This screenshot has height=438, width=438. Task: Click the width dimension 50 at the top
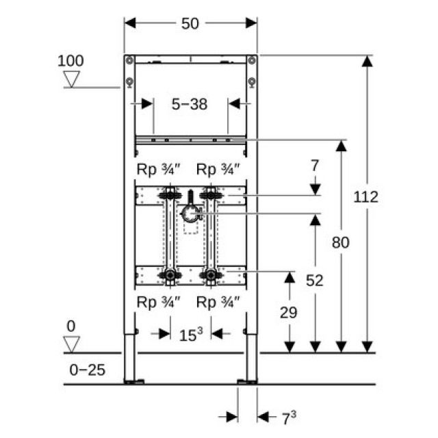(x=190, y=24)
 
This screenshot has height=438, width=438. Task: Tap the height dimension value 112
(x=366, y=197)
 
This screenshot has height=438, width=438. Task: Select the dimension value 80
(x=340, y=242)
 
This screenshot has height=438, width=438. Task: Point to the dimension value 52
(x=315, y=280)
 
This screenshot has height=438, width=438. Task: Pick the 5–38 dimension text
(x=190, y=104)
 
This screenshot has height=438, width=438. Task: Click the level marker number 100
(x=70, y=60)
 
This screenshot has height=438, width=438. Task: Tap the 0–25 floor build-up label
(x=88, y=370)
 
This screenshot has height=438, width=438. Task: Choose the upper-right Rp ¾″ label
(x=218, y=168)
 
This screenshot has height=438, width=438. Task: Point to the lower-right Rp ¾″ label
(x=218, y=302)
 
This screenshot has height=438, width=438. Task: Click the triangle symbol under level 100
(x=70, y=79)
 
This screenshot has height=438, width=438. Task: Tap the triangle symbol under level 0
(x=71, y=344)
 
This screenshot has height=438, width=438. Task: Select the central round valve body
(x=190, y=215)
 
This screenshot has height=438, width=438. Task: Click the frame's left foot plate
(x=132, y=381)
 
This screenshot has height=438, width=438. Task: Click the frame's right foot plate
(x=246, y=381)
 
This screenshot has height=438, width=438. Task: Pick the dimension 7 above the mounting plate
(x=315, y=165)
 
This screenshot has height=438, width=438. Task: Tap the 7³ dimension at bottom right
(x=289, y=416)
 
